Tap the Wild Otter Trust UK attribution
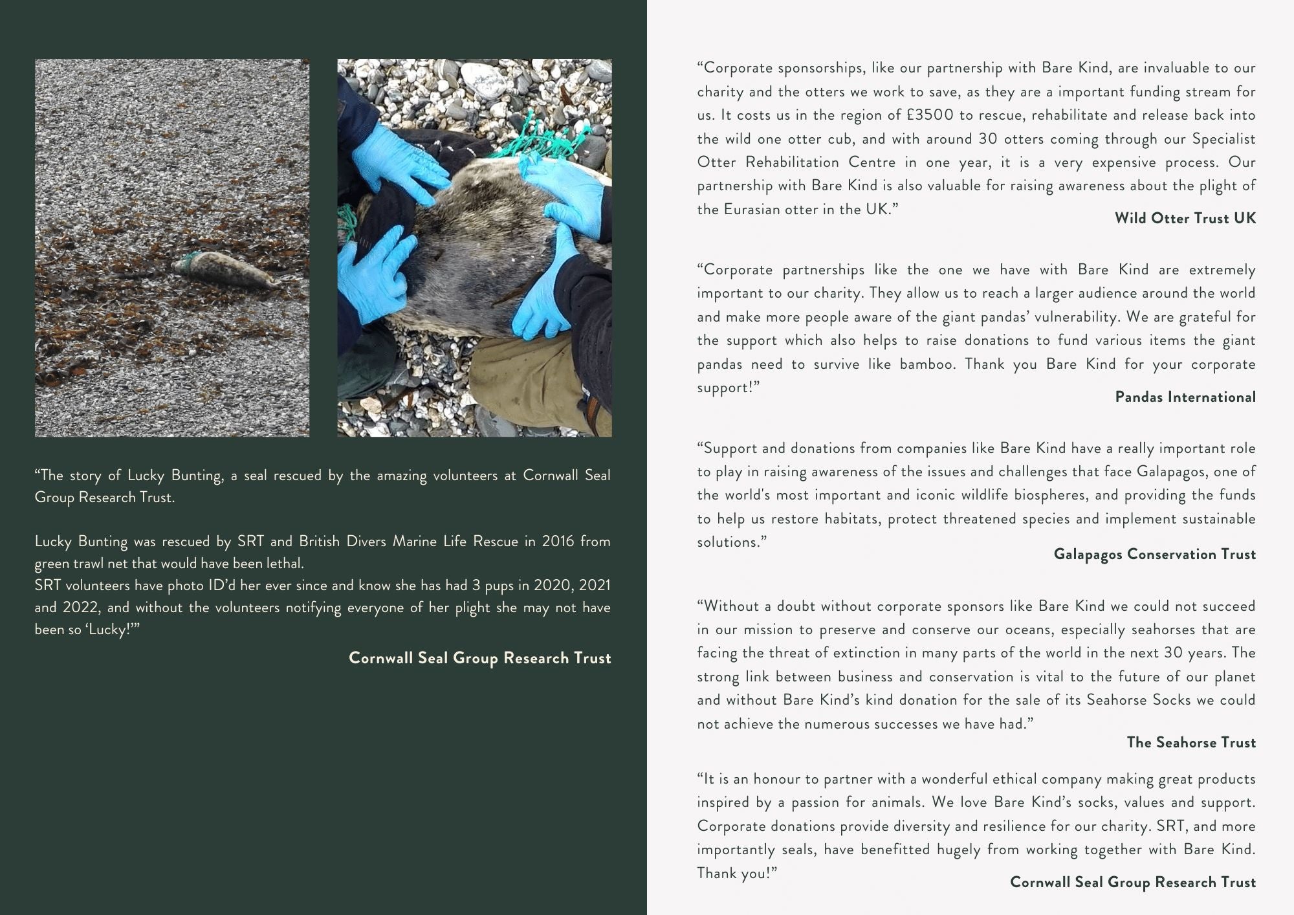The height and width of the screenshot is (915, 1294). (x=1185, y=218)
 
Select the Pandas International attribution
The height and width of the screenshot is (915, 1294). (x=1185, y=397)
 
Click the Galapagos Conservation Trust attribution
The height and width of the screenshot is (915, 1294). (x=1154, y=554)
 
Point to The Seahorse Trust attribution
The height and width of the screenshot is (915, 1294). (x=1190, y=742)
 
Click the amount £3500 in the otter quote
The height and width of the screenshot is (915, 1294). (x=929, y=115)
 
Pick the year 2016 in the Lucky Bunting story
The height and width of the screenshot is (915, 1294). (x=558, y=541)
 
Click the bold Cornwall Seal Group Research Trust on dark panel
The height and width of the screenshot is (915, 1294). (x=479, y=658)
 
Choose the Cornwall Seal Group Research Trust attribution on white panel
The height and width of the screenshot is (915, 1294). (x=1132, y=882)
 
